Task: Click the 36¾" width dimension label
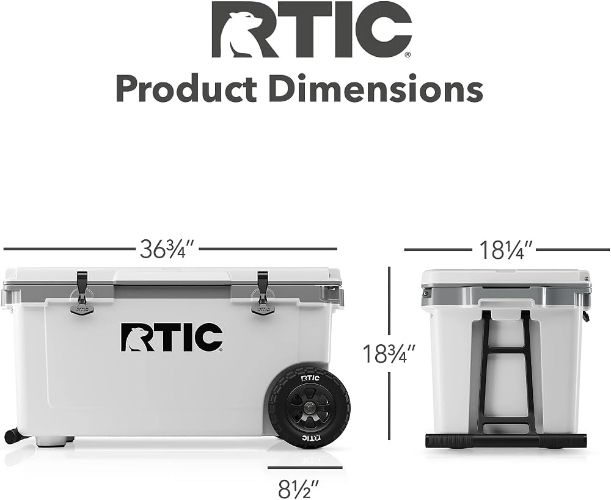tap(167, 249)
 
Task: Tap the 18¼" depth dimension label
tap(505, 250)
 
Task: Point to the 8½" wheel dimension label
tap(299, 487)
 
